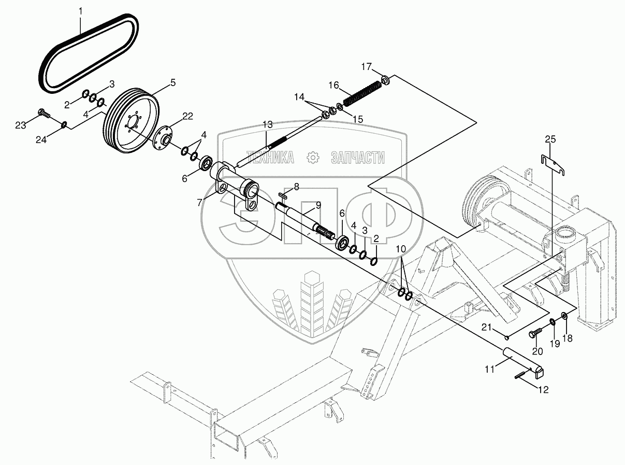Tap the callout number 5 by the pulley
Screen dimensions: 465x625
tap(172, 82)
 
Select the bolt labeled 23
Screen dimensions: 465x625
tap(43, 112)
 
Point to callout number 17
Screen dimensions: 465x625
tap(367, 66)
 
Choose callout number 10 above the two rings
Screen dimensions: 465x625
tap(401, 249)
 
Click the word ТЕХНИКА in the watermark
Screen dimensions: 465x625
tap(270, 158)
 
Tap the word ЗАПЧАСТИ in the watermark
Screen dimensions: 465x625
tap(357, 158)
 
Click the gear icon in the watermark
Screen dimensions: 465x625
tap(312, 158)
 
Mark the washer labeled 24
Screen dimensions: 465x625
tap(64, 124)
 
